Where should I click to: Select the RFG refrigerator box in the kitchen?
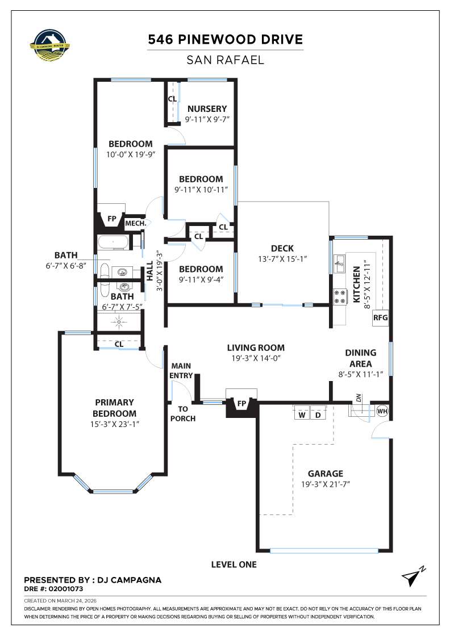click(380, 317)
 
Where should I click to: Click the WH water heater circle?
click(381, 411)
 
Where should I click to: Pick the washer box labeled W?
click(302, 415)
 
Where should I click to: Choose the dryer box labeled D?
click(318, 415)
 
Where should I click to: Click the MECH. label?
click(136, 224)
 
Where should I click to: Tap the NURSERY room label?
click(207, 108)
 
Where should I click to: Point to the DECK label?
click(282, 248)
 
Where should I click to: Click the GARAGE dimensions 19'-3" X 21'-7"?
click(326, 484)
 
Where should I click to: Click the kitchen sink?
click(340, 262)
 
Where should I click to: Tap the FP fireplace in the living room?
click(241, 404)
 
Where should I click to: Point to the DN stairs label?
click(359, 399)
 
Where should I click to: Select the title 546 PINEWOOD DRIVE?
click(225, 40)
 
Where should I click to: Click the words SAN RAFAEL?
click(225, 60)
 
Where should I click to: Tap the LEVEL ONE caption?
click(234, 564)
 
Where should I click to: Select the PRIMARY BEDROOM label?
click(114, 408)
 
